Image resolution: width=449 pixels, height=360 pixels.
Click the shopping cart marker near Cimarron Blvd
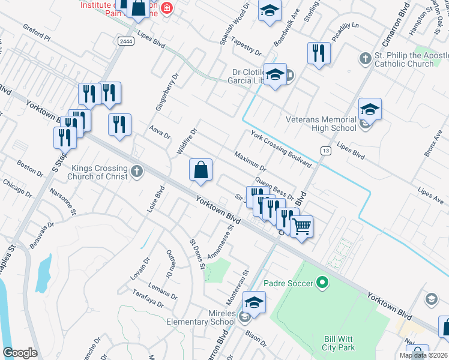[x=302, y=227]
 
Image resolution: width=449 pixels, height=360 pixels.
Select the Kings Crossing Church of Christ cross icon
[x=136, y=172]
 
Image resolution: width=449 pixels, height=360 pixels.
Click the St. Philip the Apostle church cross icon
[x=364, y=59]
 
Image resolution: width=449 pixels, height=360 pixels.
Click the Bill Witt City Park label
[x=339, y=343]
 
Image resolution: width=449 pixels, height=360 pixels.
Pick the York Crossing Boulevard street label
[x=281, y=149]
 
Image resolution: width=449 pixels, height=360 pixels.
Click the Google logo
[x=20, y=353]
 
